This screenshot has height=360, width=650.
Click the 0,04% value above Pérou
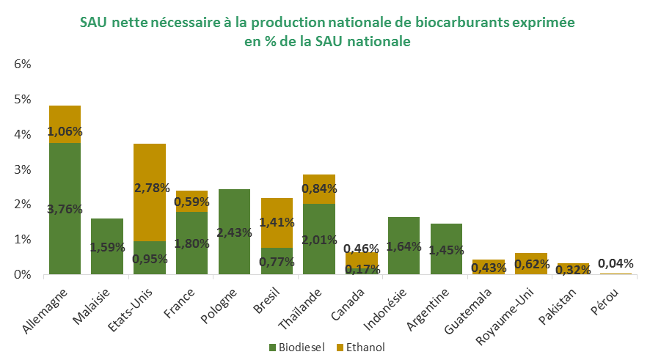616,263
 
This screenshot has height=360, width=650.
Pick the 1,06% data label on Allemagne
65,132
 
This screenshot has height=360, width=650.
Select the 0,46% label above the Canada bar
362,249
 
